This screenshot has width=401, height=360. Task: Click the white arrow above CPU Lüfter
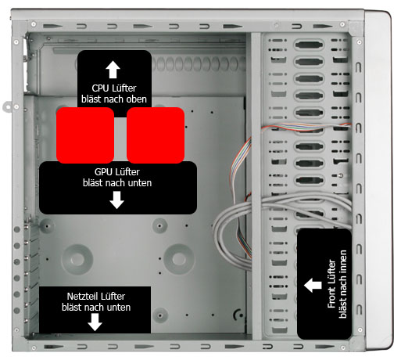pyautogui.click(x=113, y=70)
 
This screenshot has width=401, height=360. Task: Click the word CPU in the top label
pyautogui.click(x=100, y=88)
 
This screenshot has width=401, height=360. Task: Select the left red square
pyautogui.click(x=85, y=135)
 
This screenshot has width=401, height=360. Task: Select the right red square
pyautogui.click(x=156, y=135)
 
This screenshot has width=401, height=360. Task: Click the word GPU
pyautogui.click(x=103, y=172)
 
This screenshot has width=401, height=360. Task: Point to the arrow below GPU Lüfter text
pyautogui.click(x=116, y=200)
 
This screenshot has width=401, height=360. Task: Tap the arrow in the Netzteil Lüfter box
pyautogui.click(x=95, y=322)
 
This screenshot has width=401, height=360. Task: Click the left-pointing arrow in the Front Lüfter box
pyautogui.click(x=313, y=285)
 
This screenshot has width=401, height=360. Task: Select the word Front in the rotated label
pyautogui.click(x=331, y=298)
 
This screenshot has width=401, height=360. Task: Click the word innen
pyautogui.click(x=343, y=261)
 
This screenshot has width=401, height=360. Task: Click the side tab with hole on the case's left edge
pyautogui.click(x=8, y=106)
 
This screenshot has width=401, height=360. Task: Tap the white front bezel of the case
pyautogui.click(x=379, y=180)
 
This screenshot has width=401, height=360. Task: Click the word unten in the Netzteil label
pyautogui.click(x=119, y=308)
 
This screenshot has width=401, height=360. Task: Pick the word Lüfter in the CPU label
pyautogui.click(x=124, y=88)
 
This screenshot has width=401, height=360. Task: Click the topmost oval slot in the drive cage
pyautogui.click(x=309, y=45)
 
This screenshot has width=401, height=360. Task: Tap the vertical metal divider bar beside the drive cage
pyautogui.click(x=256, y=186)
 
